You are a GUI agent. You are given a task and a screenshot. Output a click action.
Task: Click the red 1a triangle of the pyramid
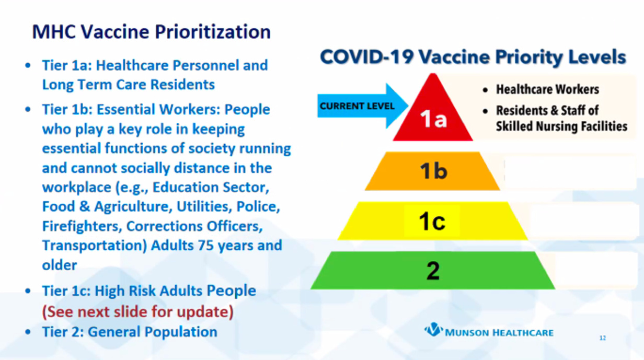[433, 115]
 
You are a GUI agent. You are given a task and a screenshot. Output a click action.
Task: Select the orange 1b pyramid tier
[432, 171]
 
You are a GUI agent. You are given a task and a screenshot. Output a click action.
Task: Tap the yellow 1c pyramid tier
[432, 221]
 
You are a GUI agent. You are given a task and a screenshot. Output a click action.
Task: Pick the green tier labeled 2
[433, 270]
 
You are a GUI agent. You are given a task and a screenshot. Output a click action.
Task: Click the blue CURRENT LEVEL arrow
[363, 106]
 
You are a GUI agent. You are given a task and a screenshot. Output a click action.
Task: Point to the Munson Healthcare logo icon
[433, 330]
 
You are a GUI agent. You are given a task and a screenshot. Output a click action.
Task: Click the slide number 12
[603, 338]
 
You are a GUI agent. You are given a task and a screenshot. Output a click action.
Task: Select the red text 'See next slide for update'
[137, 312]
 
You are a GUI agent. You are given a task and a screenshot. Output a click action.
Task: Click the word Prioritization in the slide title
[213, 31]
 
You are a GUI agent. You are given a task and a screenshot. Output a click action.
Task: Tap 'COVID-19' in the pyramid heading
[366, 56]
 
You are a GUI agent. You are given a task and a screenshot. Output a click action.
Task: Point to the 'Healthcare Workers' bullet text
[547, 89]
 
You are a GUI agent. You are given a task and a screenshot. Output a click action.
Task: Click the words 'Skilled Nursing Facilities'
[561, 126]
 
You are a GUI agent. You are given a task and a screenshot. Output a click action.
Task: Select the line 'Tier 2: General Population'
[130, 332]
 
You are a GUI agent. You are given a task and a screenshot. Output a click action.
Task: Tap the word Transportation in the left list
[95, 246]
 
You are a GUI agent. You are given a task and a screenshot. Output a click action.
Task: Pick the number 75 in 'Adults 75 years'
[205, 246]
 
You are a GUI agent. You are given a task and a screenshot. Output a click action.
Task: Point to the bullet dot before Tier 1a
[28, 65]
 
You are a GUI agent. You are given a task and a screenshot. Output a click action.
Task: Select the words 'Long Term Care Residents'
[129, 85]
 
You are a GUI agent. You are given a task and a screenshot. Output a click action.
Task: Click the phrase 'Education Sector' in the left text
[211, 188]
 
